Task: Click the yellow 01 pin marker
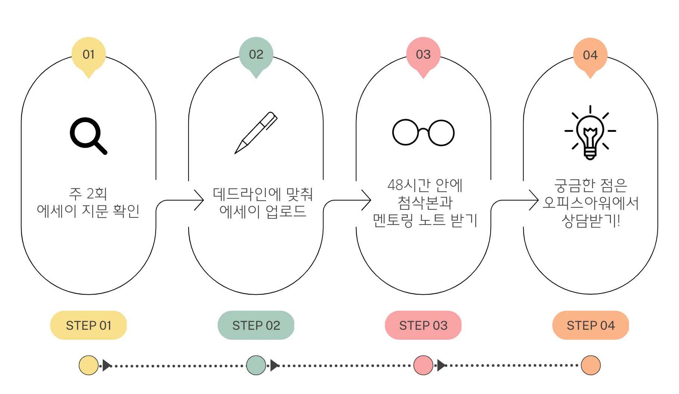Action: pos(89,55)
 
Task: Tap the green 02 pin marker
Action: pos(256,55)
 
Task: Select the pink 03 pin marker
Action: pos(423,55)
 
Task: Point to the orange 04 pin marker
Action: pos(590,56)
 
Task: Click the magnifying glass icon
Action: pos(88,135)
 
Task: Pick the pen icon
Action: pos(256,133)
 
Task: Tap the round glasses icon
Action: pos(423,133)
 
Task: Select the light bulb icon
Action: pos(590,133)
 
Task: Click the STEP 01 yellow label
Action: pos(89,325)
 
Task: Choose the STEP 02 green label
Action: pos(256,325)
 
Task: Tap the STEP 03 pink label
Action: pos(423,325)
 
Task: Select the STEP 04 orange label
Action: pos(590,325)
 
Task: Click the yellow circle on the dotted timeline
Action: pos(89,365)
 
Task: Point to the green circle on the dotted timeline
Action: pos(256,365)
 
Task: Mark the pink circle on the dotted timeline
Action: pos(423,365)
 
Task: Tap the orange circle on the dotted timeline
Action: pos(590,365)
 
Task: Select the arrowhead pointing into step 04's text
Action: pos(535,200)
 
